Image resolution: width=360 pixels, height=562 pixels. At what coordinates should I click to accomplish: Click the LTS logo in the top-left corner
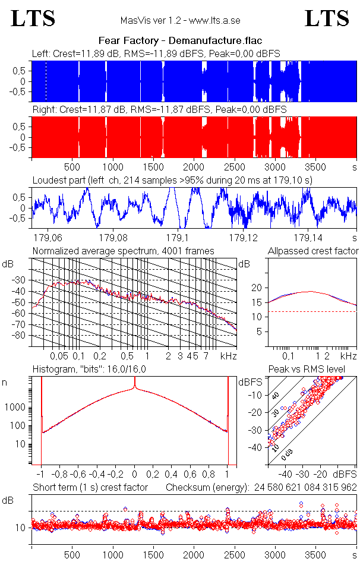point(33,18)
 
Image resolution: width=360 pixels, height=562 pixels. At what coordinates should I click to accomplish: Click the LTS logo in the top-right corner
point(327,18)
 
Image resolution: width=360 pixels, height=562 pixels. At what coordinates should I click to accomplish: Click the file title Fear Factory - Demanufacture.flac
point(179,41)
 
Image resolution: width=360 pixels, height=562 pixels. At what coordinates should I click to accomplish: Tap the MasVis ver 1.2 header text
point(180,21)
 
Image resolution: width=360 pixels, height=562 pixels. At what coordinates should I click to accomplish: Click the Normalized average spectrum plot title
point(123,251)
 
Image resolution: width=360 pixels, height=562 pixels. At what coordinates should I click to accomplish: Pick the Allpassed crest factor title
point(313,251)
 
